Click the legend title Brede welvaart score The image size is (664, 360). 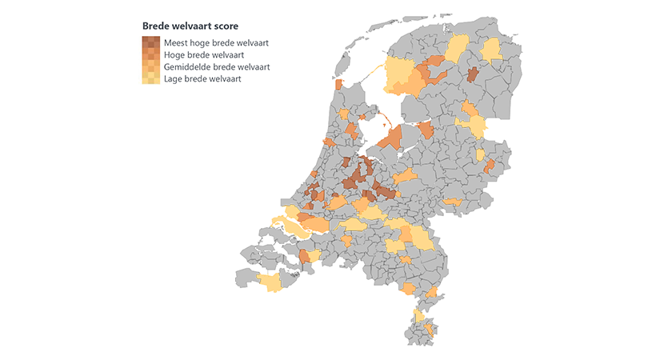190,26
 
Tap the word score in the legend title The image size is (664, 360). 226,26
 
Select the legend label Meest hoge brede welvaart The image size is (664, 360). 216,42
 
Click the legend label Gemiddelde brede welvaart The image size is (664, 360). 216,67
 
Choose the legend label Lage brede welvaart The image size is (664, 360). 202,79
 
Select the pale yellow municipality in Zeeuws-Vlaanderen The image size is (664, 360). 270,282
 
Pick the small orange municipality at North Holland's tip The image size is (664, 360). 339,85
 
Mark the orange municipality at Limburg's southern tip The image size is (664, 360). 430,328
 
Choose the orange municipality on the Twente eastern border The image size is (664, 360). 489,166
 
